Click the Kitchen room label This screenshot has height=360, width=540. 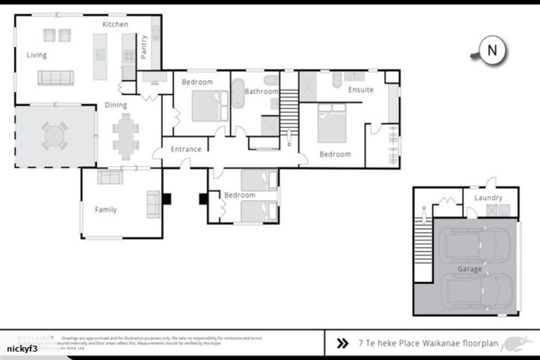point(115,25)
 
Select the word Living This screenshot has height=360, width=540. point(37,55)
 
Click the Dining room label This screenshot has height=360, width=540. point(116,105)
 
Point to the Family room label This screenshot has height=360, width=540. point(105,210)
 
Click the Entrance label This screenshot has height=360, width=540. point(186,149)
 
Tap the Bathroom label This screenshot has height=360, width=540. point(261,91)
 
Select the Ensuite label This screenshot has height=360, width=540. point(361,90)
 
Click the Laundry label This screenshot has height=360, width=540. point(489,198)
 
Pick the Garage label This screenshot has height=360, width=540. point(470,269)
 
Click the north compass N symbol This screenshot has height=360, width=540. point(492,51)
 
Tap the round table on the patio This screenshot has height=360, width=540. point(55,136)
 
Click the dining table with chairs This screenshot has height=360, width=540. point(126,136)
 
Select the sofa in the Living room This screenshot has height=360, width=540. point(56,77)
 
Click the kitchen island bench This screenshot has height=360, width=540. point(101,56)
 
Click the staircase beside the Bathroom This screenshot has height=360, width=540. point(289,112)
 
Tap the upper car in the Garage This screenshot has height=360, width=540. point(469,245)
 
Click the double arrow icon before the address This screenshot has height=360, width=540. point(342,344)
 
